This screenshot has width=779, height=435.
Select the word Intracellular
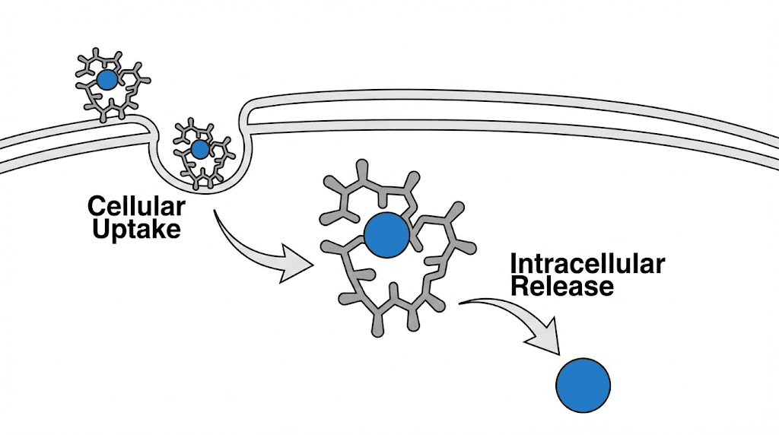(x=587, y=264)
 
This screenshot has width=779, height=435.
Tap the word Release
(x=562, y=287)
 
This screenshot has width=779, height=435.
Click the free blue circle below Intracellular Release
(x=583, y=385)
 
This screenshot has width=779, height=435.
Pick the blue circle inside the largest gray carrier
(x=387, y=234)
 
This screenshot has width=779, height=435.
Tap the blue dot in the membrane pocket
(x=200, y=149)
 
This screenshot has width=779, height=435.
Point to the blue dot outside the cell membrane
(x=107, y=80)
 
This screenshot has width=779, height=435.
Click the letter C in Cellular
(x=96, y=206)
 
